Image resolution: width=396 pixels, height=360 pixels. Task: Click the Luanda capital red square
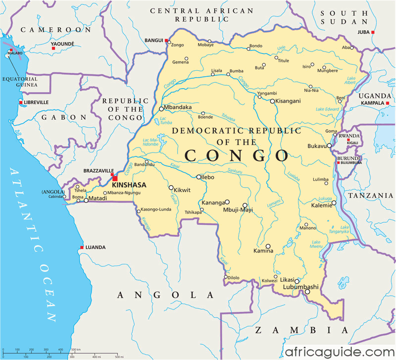(x=82, y=248)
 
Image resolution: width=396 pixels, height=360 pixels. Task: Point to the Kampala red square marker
(x=382, y=103)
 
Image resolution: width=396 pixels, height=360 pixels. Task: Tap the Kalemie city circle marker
(x=334, y=203)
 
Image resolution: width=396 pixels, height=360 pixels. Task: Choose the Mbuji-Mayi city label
(x=238, y=210)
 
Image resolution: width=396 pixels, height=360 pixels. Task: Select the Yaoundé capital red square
(x=53, y=49)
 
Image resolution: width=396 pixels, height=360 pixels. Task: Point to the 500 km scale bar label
(x=75, y=350)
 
